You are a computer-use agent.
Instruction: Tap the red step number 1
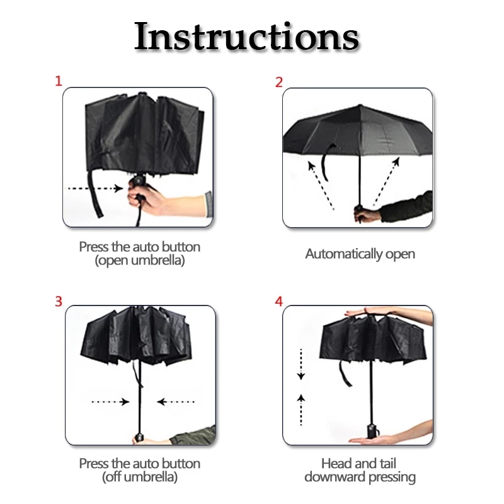[58, 81]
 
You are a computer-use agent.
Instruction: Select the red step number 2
[278, 83]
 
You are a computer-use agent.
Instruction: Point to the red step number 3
[58, 302]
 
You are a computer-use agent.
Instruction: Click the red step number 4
[278, 302]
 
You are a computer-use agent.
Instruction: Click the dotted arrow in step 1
[96, 188]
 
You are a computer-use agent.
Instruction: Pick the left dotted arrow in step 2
[321, 185]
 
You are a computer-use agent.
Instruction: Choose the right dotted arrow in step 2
[386, 181]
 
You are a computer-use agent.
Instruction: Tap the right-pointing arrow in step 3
[111, 401]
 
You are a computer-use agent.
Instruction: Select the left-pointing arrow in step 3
[176, 401]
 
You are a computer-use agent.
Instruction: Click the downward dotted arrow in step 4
[301, 364]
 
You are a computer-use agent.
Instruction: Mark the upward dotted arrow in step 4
[301, 410]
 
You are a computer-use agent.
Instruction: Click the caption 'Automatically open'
[360, 254]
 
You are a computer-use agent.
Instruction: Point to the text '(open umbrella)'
[140, 260]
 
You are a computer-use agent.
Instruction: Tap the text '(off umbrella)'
[140, 477]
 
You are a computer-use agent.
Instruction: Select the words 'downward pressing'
[360, 477]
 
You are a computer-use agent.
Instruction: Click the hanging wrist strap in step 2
[326, 163]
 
